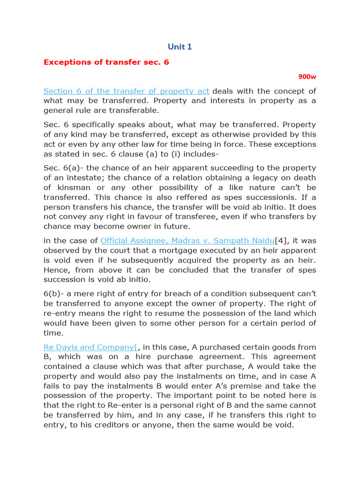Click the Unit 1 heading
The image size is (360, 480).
180,46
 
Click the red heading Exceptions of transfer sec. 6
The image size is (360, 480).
106,62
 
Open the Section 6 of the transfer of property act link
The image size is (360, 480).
127,91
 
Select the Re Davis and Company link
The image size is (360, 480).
90,347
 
